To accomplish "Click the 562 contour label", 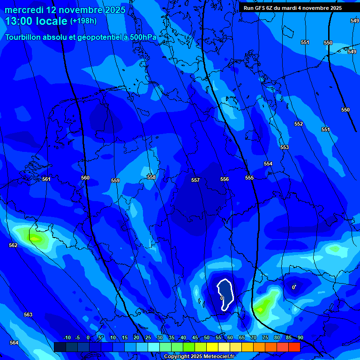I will tap(13, 245).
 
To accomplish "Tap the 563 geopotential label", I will tap(28, 315).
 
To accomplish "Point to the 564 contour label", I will tap(14, 343).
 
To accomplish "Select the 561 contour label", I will tap(46, 179).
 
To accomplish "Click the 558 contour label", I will tap(151, 177).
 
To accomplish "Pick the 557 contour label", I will tap(195, 180).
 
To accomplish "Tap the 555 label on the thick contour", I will tap(249, 178).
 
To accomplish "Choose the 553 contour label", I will tap(285, 147).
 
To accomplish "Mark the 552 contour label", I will tap(299, 124).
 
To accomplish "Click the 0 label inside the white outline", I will tap(222, 298).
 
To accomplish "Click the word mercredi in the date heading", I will tap(24, 10).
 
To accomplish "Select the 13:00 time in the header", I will tap(17, 21).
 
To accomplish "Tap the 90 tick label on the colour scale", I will tap(300, 337).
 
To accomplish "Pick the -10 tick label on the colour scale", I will tap(67, 337).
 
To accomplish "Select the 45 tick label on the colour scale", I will tap(195, 337).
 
